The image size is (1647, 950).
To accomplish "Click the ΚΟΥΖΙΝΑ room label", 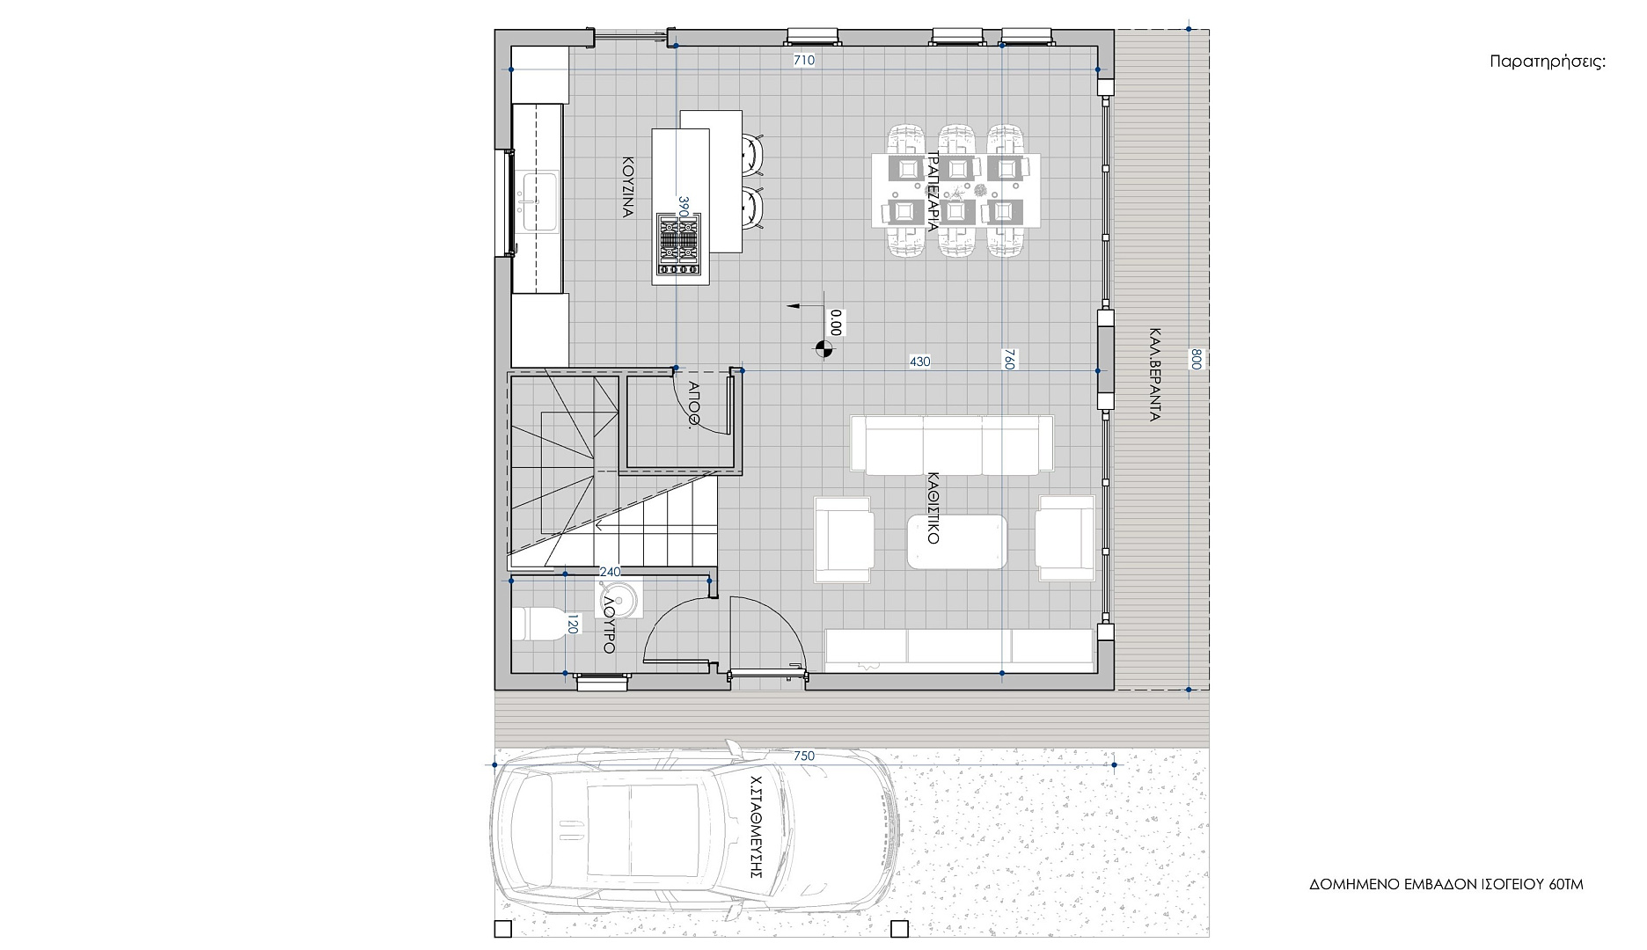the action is pyautogui.click(x=628, y=187).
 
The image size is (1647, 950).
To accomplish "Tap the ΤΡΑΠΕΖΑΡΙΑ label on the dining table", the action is pyautogui.click(x=933, y=190).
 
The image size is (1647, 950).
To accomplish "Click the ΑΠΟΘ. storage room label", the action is pyautogui.click(x=693, y=404).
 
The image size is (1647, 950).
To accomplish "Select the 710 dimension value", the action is pyautogui.click(x=804, y=61).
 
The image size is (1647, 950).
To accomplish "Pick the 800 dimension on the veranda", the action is pyautogui.click(x=1196, y=359).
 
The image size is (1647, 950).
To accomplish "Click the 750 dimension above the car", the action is pyautogui.click(x=804, y=756).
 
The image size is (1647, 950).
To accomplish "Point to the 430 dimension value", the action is pyautogui.click(x=919, y=362).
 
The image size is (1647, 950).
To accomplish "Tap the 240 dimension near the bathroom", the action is pyautogui.click(x=610, y=572).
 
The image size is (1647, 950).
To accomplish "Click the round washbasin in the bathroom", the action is pyautogui.click(x=621, y=602).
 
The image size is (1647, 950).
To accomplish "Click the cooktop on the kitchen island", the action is pyautogui.click(x=678, y=247).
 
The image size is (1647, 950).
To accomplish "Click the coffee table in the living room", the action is pyautogui.click(x=957, y=542).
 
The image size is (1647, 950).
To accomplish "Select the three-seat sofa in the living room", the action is pyautogui.click(x=952, y=444).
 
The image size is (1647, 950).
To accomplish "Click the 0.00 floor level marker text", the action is pyautogui.click(x=836, y=323).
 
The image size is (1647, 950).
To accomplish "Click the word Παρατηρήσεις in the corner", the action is pyautogui.click(x=1548, y=62).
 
